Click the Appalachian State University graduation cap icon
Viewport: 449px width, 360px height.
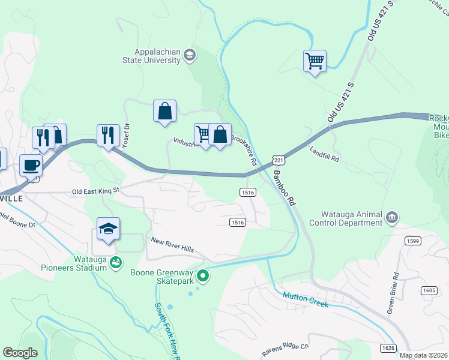point(190,55)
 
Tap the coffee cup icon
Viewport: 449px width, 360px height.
point(31,164)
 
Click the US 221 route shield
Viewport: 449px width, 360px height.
point(277,159)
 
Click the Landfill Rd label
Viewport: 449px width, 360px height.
point(325,154)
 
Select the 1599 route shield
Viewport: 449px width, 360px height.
point(412,241)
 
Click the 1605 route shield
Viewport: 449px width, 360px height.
point(429,290)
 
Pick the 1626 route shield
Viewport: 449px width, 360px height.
point(388,348)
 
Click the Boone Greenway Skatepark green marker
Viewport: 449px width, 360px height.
point(203,276)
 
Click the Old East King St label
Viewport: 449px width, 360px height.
point(96,191)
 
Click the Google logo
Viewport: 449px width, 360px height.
point(20,353)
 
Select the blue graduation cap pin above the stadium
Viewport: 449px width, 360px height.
point(109,229)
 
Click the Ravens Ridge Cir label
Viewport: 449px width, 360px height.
point(285,349)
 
